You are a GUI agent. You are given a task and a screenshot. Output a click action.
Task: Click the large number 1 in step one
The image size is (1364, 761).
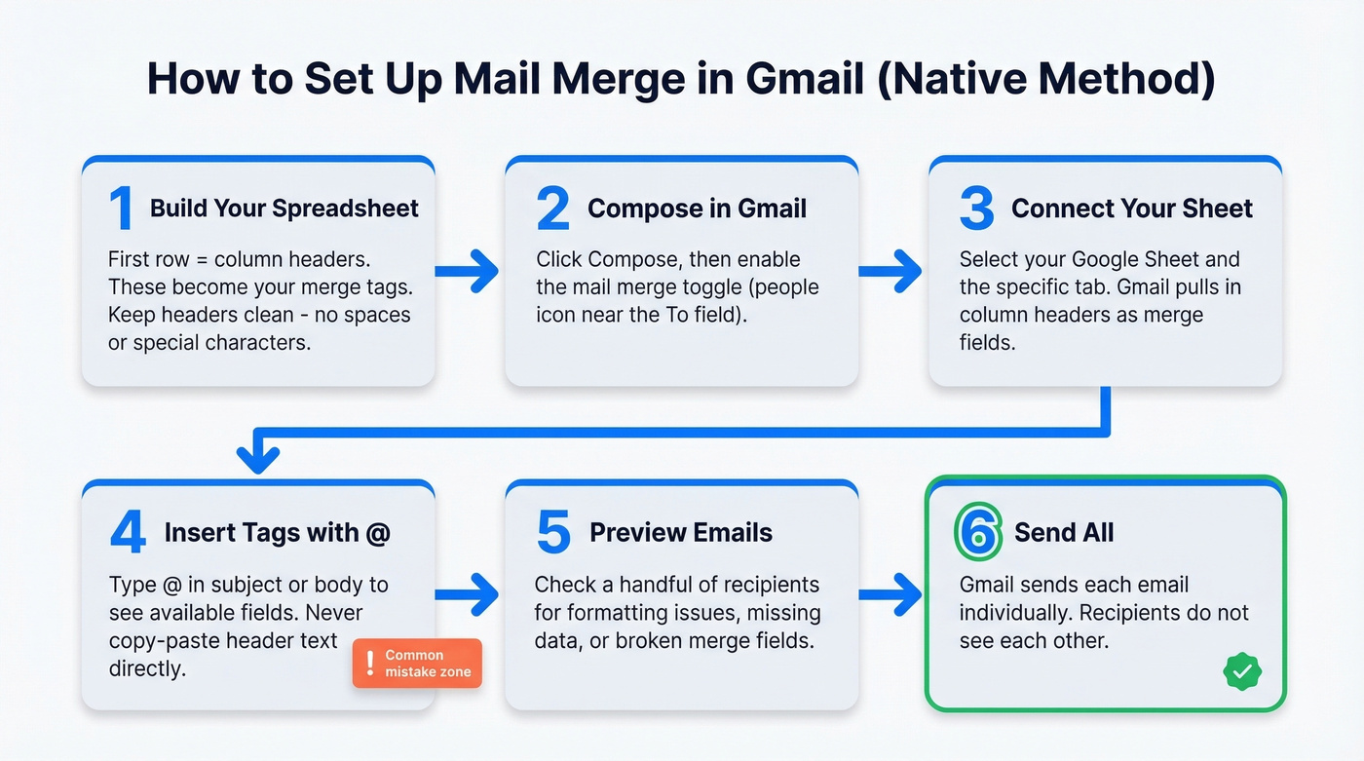(121, 209)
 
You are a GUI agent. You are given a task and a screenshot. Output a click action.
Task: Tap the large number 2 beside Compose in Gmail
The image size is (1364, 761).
(552, 209)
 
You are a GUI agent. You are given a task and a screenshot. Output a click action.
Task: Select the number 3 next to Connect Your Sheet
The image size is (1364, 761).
(977, 209)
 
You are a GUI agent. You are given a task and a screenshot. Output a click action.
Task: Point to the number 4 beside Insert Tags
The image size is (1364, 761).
(128, 533)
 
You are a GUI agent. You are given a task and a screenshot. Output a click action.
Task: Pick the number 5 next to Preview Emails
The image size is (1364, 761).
(552, 533)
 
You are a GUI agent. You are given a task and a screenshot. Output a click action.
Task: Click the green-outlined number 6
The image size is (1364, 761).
(978, 533)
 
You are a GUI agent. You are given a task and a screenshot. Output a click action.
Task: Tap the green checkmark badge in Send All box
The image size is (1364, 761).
(1241, 670)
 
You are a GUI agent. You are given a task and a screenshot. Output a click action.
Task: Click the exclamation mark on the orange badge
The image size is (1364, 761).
(369, 664)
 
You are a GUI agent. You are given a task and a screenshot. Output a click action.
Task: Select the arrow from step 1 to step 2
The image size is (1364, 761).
(468, 271)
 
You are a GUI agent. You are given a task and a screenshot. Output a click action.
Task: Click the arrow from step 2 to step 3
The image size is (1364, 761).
(890, 271)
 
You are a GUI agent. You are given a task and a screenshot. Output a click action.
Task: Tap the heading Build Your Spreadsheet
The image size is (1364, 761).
(284, 209)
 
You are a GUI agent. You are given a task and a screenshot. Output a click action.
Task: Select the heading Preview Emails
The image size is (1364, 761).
(681, 533)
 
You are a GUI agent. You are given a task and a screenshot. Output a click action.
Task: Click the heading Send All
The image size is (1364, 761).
(1064, 533)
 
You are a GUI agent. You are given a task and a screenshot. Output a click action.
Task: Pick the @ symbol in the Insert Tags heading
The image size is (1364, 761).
(378, 533)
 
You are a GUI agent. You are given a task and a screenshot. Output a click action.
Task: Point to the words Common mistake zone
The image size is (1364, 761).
(428, 664)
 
